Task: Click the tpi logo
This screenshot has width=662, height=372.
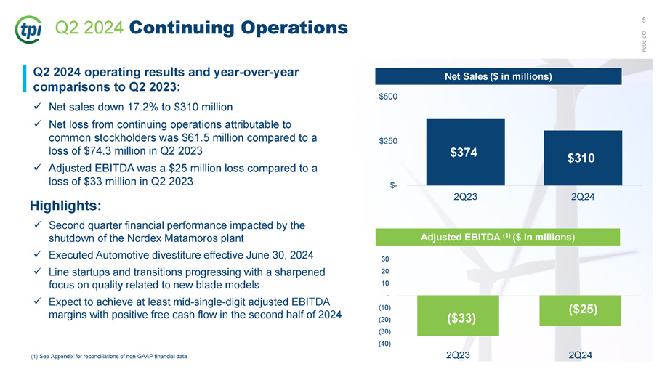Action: click(28, 30)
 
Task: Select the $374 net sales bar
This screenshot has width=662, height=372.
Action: click(465, 152)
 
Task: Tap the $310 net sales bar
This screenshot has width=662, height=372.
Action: click(583, 158)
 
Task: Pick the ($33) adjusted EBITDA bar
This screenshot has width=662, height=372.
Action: click(458, 315)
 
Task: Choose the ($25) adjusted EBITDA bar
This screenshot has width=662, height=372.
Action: click(580, 310)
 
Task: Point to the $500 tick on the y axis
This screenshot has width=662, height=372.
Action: click(388, 97)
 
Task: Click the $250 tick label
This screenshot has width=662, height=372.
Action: click(388, 141)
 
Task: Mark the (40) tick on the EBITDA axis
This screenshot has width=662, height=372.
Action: click(384, 344)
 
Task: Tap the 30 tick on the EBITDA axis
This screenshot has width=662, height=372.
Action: click(385, 259)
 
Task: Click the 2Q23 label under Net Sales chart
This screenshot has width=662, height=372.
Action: click(465, 197)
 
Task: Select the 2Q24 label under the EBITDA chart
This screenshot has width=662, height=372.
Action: click(580, 355)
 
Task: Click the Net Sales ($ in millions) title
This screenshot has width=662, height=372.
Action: click(498, 76)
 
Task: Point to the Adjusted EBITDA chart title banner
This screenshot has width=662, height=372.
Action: click(498, 237)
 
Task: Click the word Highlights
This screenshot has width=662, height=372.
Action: click(65, 206)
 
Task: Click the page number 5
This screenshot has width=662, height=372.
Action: click(644, 20)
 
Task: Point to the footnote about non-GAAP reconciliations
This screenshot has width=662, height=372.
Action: click(109, 356)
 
